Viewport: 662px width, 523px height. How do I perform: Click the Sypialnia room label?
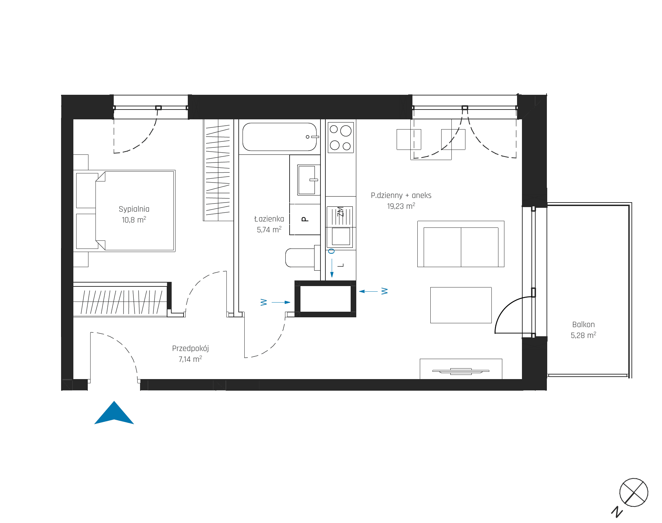(134, 209)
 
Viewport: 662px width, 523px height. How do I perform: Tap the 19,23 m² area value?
(401, 206)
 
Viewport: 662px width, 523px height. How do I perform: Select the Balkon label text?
(583, 325)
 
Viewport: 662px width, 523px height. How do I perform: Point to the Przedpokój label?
(190, 349)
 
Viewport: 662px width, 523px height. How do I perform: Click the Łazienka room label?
(269, 219)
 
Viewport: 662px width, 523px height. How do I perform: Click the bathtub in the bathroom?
(280, 137)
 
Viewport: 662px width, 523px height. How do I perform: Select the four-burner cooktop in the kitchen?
(340, 137)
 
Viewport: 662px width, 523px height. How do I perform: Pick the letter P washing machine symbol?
(305, 219)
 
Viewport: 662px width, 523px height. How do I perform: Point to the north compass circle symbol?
(634, 492)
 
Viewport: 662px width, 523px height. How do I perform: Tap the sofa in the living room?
(461, 244)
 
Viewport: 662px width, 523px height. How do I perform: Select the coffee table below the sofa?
(461, 305)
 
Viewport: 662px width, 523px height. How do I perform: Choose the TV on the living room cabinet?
(461, 371)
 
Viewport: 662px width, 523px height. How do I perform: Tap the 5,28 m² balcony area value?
(583, 335)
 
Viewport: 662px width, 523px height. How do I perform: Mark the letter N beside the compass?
(617, 512)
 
